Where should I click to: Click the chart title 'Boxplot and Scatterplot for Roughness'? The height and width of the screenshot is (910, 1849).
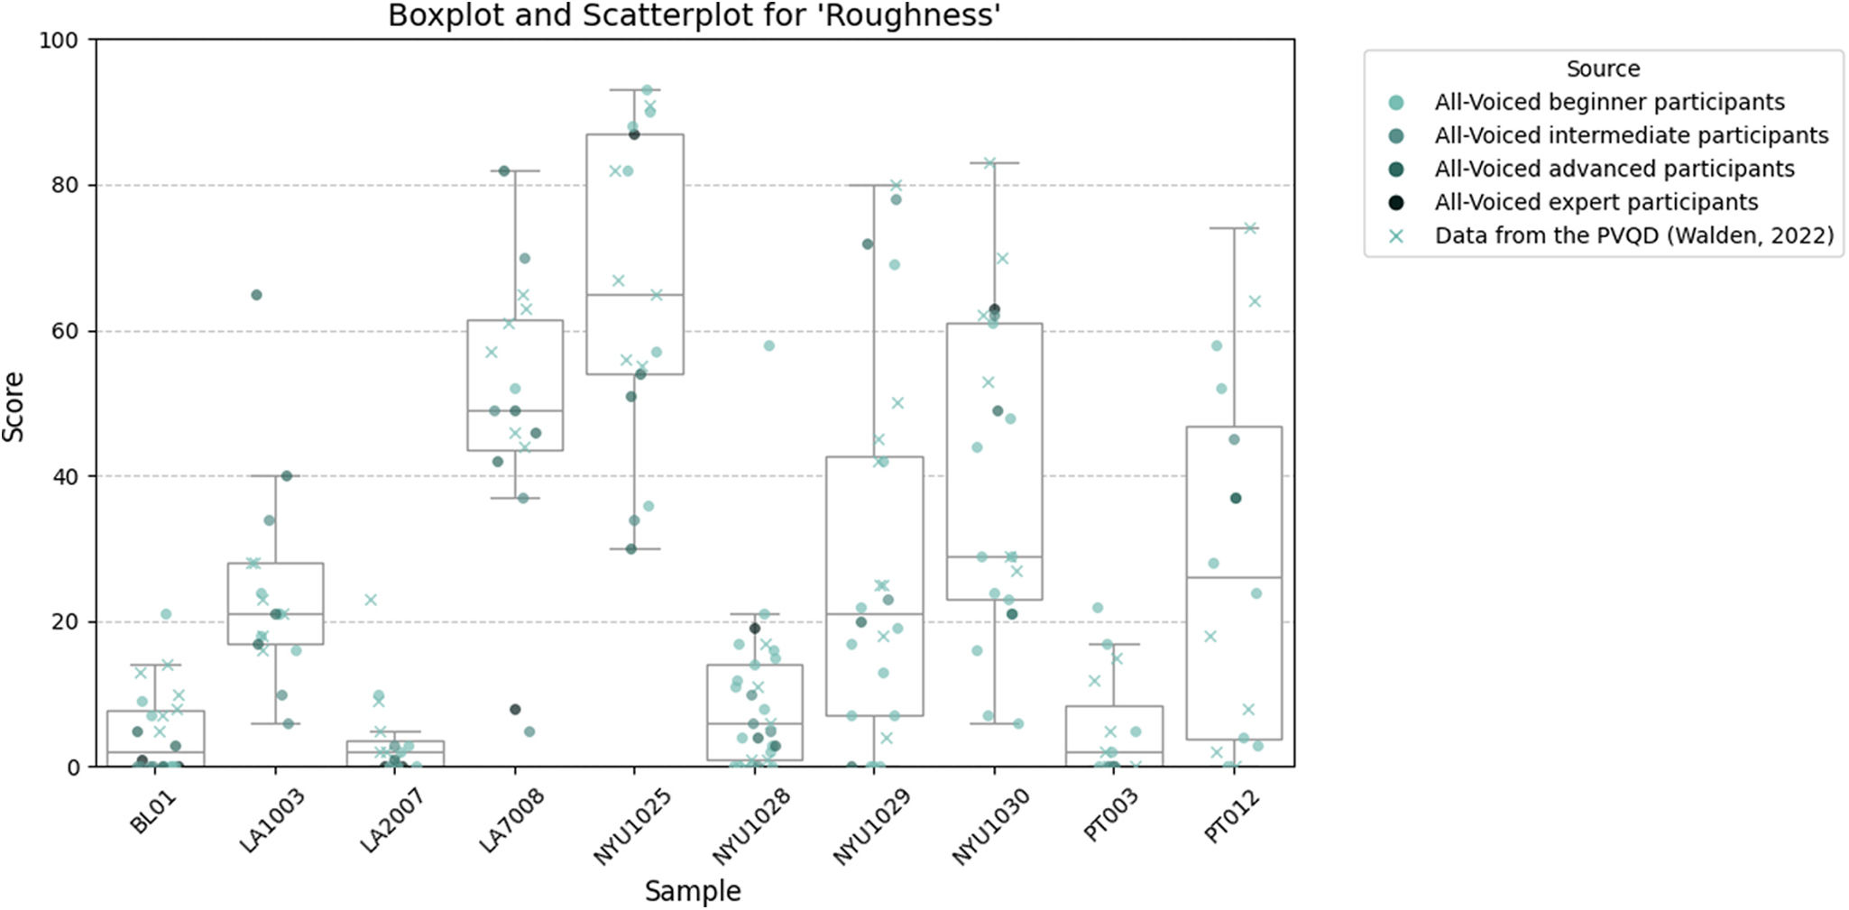pos(695,15)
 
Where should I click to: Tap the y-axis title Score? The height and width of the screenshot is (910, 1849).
pos(14,407)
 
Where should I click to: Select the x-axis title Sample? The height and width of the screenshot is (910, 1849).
pos(693,891)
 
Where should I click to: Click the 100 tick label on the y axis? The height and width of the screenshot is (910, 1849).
pos(59,41)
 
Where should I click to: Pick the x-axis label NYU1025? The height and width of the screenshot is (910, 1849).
pos(632,826)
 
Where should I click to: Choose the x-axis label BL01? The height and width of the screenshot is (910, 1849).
pos(152,811)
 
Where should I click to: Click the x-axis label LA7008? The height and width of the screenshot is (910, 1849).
pos(512,819)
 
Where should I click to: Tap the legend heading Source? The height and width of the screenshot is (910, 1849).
pos(1603,69)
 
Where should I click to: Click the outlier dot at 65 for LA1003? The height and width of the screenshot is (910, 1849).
pos(256,295)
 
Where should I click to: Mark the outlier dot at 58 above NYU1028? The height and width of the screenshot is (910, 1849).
pos(768,345)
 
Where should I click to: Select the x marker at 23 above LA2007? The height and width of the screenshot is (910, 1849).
pos(370,600)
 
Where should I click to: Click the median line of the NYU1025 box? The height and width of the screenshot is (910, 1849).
pos(634,295)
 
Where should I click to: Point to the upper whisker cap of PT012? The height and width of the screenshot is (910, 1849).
pos(1233,228)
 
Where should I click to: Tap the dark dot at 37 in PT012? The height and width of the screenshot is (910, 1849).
pos(1236,498)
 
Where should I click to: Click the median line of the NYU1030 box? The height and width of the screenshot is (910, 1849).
pos(994,556)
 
